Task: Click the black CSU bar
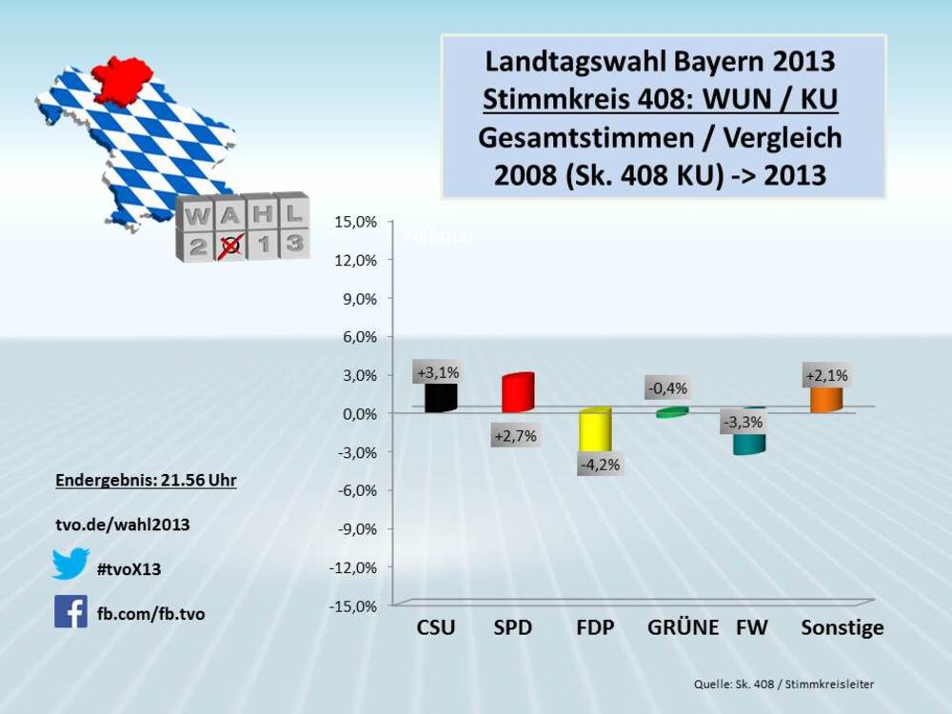tap(441, 398)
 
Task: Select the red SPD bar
tap(518, 393)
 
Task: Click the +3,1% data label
tap(437, 371)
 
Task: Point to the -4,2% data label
tap(599, 465)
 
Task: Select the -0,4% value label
tap(667, 388)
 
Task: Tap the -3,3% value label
tap(742, 422)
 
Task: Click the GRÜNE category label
tap(683, 628)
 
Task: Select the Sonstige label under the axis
tap(843, 628)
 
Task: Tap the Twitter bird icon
tap(70, 565)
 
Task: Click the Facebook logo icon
tap(70, 611)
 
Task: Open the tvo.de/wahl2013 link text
tap(122, 525)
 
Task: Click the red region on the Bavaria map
tap(122, 79)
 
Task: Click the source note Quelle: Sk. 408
tap(783, 684)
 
